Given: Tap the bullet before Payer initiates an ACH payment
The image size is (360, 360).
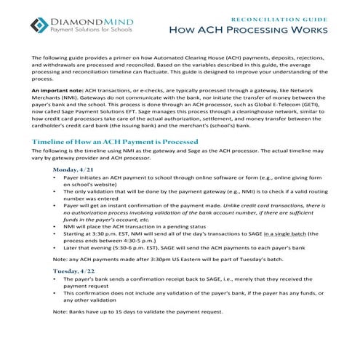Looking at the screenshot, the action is pyautogui.click(x=57, y=177).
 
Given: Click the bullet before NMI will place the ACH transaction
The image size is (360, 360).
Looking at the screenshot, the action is pyautogui.click(x=57, y=227).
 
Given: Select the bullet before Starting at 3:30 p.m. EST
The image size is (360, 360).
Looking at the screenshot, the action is pyautogui.click(x=57, y=235).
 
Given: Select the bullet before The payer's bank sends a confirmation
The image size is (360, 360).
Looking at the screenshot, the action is pyautogui.click(x=57, y=279).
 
